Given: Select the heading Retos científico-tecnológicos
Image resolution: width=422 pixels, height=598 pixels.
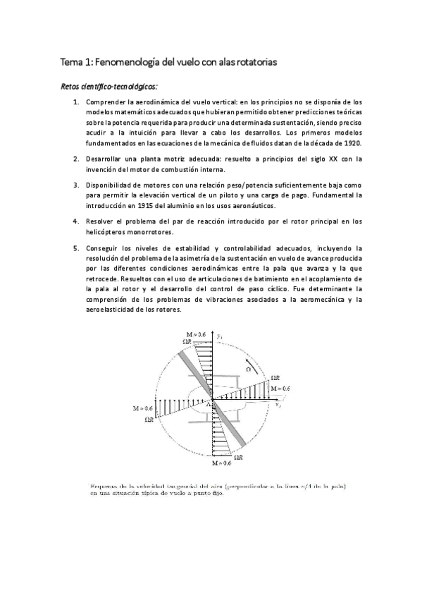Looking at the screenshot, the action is click(109, 86).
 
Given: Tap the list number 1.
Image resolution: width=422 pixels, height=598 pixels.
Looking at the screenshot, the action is click(76, 102).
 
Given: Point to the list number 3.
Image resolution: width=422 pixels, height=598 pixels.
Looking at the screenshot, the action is click(76, 185).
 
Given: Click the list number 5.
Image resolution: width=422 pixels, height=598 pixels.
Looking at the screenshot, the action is click(76, 248).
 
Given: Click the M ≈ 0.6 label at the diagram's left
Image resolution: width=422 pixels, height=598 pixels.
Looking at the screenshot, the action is click(142, 408).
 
